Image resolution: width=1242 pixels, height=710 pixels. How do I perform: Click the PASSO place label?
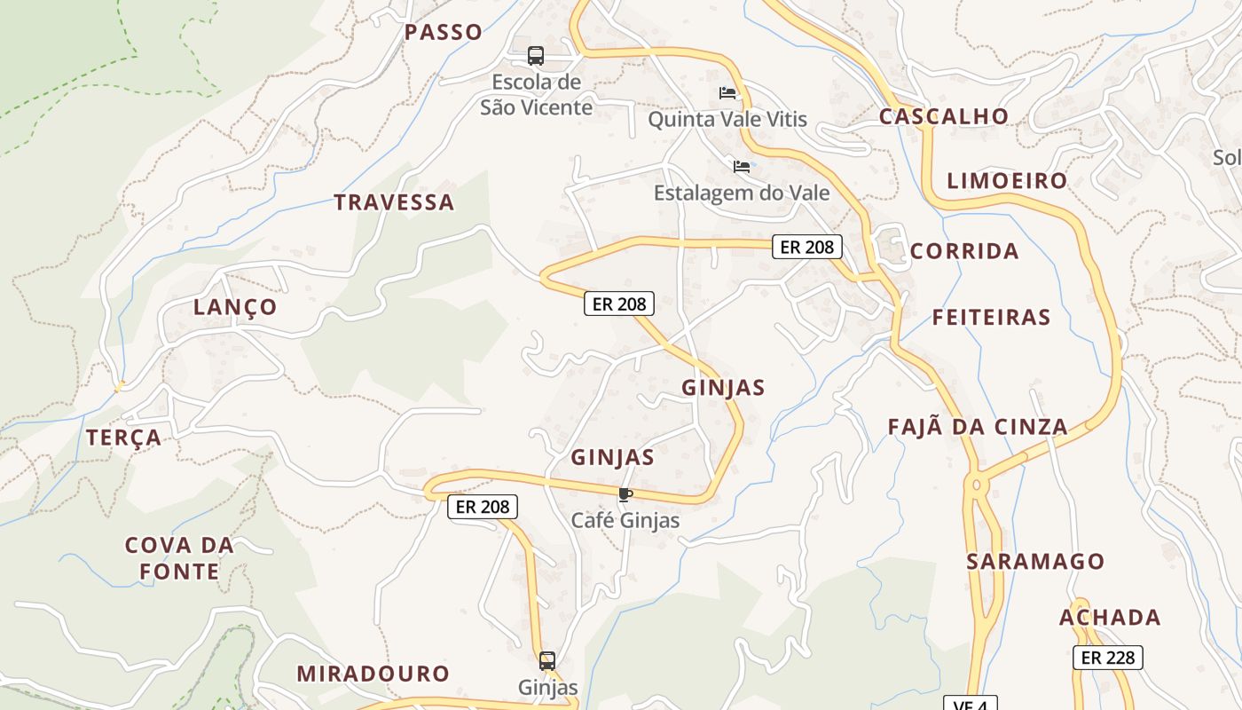444,33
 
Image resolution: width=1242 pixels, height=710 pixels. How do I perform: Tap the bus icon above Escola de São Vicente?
536,56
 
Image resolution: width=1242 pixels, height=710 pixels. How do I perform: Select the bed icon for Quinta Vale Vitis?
727,93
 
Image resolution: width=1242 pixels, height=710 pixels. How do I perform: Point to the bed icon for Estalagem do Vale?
742,167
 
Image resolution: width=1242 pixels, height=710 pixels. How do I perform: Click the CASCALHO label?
944,116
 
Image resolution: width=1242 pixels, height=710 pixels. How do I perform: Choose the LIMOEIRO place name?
1007,181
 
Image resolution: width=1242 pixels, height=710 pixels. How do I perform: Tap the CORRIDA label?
964,251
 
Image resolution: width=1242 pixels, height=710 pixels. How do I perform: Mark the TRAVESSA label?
394,202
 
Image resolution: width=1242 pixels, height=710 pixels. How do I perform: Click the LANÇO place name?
235,308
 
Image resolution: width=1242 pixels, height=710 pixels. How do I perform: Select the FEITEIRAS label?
991,317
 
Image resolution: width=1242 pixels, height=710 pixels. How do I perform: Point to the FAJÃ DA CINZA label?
978,427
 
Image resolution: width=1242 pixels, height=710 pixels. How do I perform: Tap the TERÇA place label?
124,438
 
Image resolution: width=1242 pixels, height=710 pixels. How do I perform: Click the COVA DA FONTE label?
179,558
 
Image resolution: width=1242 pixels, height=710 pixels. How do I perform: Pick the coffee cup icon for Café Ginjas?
625,494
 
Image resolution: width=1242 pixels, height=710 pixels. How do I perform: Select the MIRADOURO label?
373,674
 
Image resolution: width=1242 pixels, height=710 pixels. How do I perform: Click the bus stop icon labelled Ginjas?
547,661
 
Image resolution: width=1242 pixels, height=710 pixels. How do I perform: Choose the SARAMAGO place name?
1035,562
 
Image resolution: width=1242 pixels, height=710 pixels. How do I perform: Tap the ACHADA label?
1110,618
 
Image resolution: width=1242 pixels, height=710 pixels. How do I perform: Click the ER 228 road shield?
1107,658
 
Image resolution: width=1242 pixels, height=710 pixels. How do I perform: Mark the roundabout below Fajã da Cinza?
977,485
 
